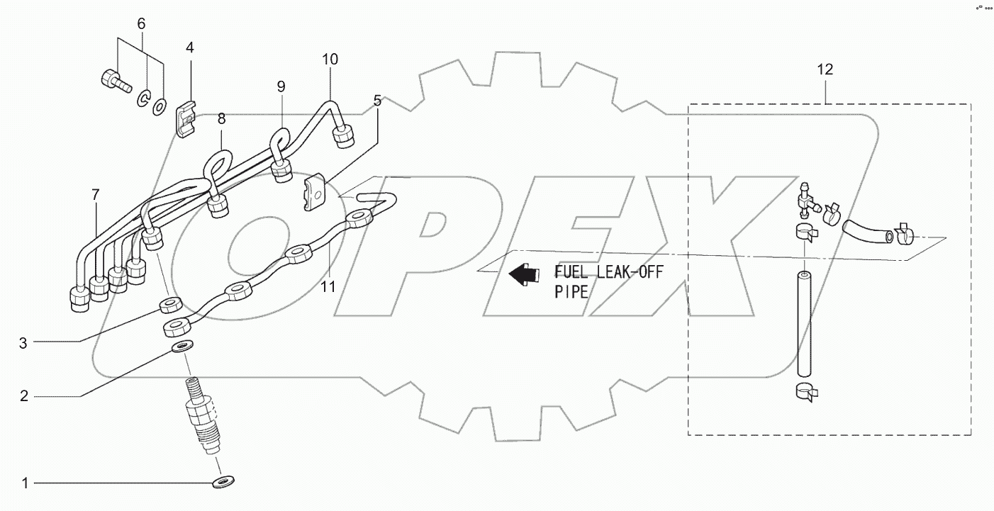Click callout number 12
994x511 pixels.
[825, 69]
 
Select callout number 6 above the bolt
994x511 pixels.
[141, 23]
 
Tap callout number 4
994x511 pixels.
[189, 47]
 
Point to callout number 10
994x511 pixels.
[330, 59]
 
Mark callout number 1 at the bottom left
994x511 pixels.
[25, 484]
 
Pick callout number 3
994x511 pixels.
[23, 344]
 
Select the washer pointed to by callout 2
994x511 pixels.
[183, 348]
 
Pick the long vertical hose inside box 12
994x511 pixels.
[803, 322]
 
